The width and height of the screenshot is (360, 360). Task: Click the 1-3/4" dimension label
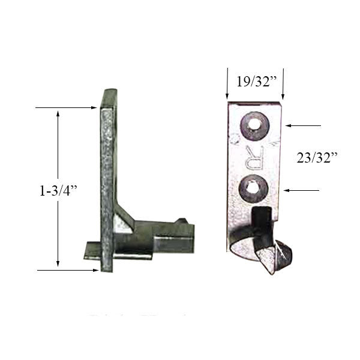click(56, 191)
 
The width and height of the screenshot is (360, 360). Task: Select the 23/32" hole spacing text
click(317, 158)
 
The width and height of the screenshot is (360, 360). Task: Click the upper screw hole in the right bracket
click(254, 125)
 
